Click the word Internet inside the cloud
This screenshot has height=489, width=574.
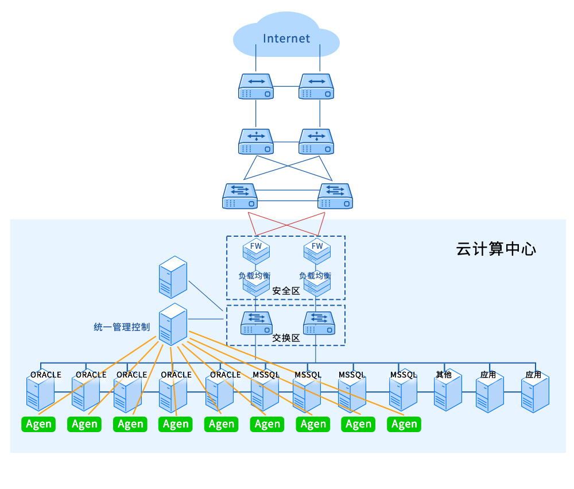[x=286, y=38]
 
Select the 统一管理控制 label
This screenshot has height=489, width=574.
[x=122, y=327]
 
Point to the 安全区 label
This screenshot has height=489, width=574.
[x=286, y=291]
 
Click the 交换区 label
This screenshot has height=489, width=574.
[x=286, y=338]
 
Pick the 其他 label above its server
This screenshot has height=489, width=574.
[x=444, y=375]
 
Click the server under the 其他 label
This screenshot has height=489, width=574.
[x=448, y=393]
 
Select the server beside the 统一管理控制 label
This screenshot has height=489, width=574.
[x=173, y=325]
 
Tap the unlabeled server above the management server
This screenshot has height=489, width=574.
[x=173, y=277]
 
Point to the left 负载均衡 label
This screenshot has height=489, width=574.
[x=254, y=275]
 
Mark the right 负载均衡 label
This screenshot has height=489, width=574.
[x=315, y=275]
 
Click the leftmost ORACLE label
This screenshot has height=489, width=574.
[x=46, y=375]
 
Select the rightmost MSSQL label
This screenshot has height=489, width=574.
[x=404, y=375]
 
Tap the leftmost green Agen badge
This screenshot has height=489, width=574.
[x=38, y=424]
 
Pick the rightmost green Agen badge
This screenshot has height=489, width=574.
[x=404, y=424]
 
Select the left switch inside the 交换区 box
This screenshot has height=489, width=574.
[x=256, y=324]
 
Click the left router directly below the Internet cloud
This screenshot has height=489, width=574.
[x=256, y=86]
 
